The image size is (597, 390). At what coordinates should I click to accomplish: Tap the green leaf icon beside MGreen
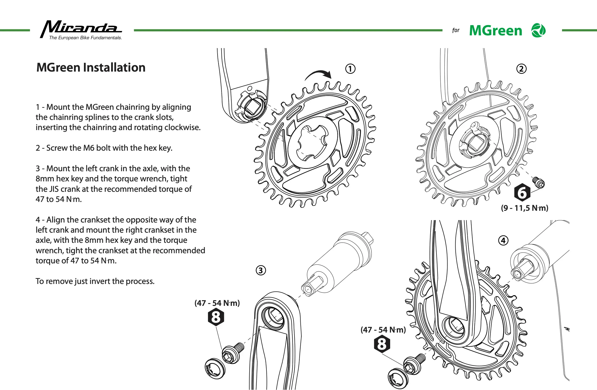click(538, 30)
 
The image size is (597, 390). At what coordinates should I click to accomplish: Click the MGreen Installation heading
click(91, 67)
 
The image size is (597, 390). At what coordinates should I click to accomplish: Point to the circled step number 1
click(350, 69)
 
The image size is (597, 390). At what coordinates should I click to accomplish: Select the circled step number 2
click(521, 69)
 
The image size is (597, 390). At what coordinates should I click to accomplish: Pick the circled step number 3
click(261, 270)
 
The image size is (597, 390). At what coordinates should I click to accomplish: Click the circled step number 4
click(503, 240)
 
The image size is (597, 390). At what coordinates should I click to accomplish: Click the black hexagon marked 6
click(522, 193)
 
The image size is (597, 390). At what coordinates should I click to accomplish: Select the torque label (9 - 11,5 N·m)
click(524, 208)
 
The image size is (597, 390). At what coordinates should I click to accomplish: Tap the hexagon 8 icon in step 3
click(216, 317)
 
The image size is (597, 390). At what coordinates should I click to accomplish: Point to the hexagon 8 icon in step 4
click(382, 344)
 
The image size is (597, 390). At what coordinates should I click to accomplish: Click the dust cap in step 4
click(398, 379)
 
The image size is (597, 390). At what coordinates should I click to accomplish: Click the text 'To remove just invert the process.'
click(95, 281)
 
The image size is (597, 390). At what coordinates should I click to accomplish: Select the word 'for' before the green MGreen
click(456, 30)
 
